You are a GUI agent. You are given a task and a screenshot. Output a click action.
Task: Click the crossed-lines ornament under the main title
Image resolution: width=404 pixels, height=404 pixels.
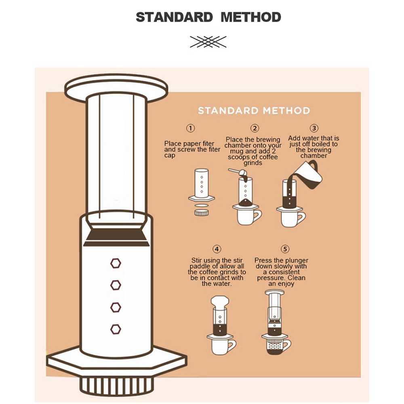click(208, 42)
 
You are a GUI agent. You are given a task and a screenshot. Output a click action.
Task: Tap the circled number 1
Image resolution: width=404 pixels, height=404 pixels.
click(191, 128)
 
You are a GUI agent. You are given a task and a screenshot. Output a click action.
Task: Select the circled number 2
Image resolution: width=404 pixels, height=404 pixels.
click(255, 128)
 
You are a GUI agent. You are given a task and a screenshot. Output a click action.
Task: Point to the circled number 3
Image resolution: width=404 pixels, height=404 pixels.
click(314, 128)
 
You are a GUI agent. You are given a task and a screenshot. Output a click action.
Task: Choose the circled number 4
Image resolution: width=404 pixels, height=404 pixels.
click(217, 249)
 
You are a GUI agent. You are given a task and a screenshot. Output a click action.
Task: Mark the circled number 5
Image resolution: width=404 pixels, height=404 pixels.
click(286, 249)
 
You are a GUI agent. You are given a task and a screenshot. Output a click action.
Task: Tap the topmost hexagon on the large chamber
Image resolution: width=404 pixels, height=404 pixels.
click(116, 263)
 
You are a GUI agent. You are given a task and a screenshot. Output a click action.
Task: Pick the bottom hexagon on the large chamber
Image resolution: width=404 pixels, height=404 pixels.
click(116, 329)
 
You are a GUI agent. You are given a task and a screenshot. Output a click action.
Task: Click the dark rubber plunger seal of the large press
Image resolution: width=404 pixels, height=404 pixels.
click(116, 238)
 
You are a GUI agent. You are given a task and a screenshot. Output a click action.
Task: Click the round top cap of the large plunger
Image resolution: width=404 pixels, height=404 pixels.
click(116, 87)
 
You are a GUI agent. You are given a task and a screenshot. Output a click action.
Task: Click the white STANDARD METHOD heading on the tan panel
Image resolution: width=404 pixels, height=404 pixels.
click(254, 111)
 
